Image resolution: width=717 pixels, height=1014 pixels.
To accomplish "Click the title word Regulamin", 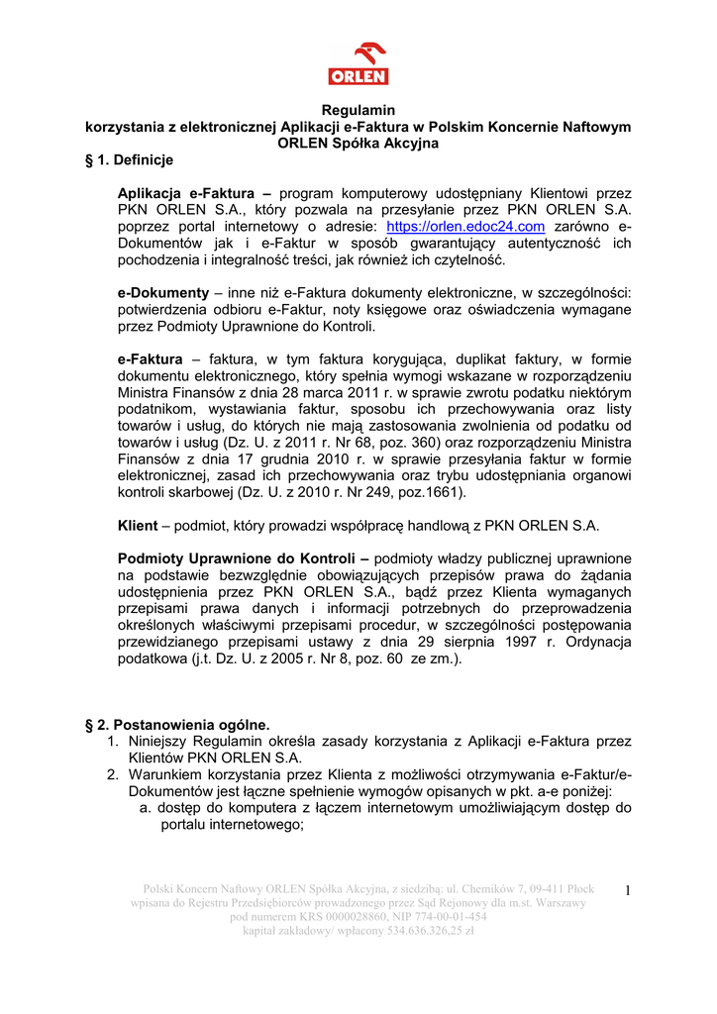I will pos(358,110).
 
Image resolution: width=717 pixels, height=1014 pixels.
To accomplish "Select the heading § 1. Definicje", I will pos(130,159).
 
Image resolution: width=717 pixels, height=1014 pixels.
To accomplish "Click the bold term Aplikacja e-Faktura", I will pos(194,192).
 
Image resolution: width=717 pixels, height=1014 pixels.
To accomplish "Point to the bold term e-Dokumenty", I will pos(163,293).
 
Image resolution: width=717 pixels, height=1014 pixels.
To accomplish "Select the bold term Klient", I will pos(138,525).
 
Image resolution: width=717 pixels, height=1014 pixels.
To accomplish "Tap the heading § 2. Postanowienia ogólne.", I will pos(178,724).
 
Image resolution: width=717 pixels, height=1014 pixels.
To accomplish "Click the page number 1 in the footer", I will pos(628,890).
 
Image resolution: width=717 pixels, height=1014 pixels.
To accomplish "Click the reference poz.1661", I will pos(432,491).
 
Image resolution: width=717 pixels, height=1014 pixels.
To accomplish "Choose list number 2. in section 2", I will pos(114,774).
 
